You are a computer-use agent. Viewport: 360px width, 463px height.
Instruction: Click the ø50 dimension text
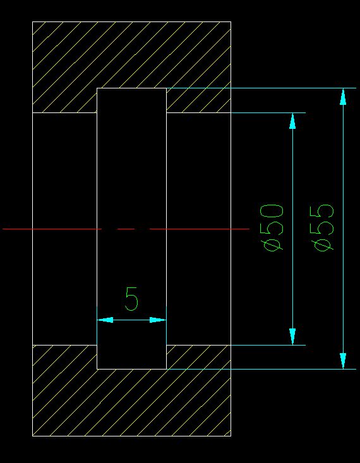click(x=272, y=228)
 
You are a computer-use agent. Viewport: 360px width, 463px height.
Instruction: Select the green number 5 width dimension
click(x=131, y=299)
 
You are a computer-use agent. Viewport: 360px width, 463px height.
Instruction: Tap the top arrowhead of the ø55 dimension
click(x=343, y=97)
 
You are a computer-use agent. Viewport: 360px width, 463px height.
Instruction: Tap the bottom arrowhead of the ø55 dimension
click(x=343, y=361)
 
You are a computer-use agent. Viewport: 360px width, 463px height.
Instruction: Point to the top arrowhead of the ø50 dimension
click(x=292, y=121)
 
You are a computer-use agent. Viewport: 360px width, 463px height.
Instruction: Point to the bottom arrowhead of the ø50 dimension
click(x=292, y=337)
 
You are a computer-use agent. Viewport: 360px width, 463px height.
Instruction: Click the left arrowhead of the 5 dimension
click(x=105, y=320)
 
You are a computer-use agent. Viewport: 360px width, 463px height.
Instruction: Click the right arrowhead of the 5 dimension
click(x=158, y=320)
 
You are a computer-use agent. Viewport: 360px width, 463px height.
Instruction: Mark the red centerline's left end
click(x=3, y=229)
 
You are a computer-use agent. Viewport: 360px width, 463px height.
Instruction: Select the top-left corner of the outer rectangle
click(x=32, y=21)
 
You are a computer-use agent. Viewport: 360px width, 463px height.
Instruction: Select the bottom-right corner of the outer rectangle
click(x=231, y=436)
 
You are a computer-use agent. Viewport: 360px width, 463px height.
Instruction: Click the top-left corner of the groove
click(x=97, y=88)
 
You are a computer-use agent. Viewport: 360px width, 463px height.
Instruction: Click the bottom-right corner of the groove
click(x=166, y=369)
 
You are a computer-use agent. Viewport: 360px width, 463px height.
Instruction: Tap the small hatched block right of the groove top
click(x=198, y=100)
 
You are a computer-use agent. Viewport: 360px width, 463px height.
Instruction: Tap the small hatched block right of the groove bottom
click(x=198, y=357)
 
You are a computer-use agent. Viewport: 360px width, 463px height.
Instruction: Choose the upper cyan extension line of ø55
click(x=261, y=88)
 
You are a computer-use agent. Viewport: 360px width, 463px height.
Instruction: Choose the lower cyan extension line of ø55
click(x=261, y=369)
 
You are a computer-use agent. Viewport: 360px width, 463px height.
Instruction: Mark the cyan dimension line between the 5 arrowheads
click(x=131, y=320)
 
